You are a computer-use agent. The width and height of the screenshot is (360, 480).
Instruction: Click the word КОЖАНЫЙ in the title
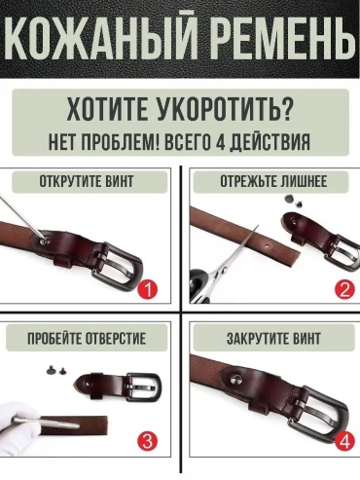click(x=99, y=38)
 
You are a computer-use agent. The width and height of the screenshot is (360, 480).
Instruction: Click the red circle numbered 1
click(x=148, y=290)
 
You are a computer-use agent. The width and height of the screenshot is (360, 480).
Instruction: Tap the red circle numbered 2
click(x=345, y=290)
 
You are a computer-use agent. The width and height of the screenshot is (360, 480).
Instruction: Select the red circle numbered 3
click(x=148, y=441)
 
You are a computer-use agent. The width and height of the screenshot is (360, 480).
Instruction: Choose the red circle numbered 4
click(x=345, y=441)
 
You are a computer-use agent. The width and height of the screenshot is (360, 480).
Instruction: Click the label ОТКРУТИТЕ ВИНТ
click(x=87, y=181)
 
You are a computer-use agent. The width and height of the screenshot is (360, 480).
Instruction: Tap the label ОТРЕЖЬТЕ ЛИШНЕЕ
click(x=273, y=181)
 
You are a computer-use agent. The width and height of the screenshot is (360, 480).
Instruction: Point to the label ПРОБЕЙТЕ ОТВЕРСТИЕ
click(x=87, y=339)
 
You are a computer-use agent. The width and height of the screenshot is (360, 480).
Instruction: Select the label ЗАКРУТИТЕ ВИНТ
click(x=273, y=339)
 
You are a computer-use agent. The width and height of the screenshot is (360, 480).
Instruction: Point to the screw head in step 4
click(x=235, y=379)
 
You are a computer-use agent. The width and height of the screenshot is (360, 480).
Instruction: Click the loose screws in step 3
click(x=55, y=369)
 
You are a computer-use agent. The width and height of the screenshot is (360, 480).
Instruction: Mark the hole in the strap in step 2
click(x=267, y=245)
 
